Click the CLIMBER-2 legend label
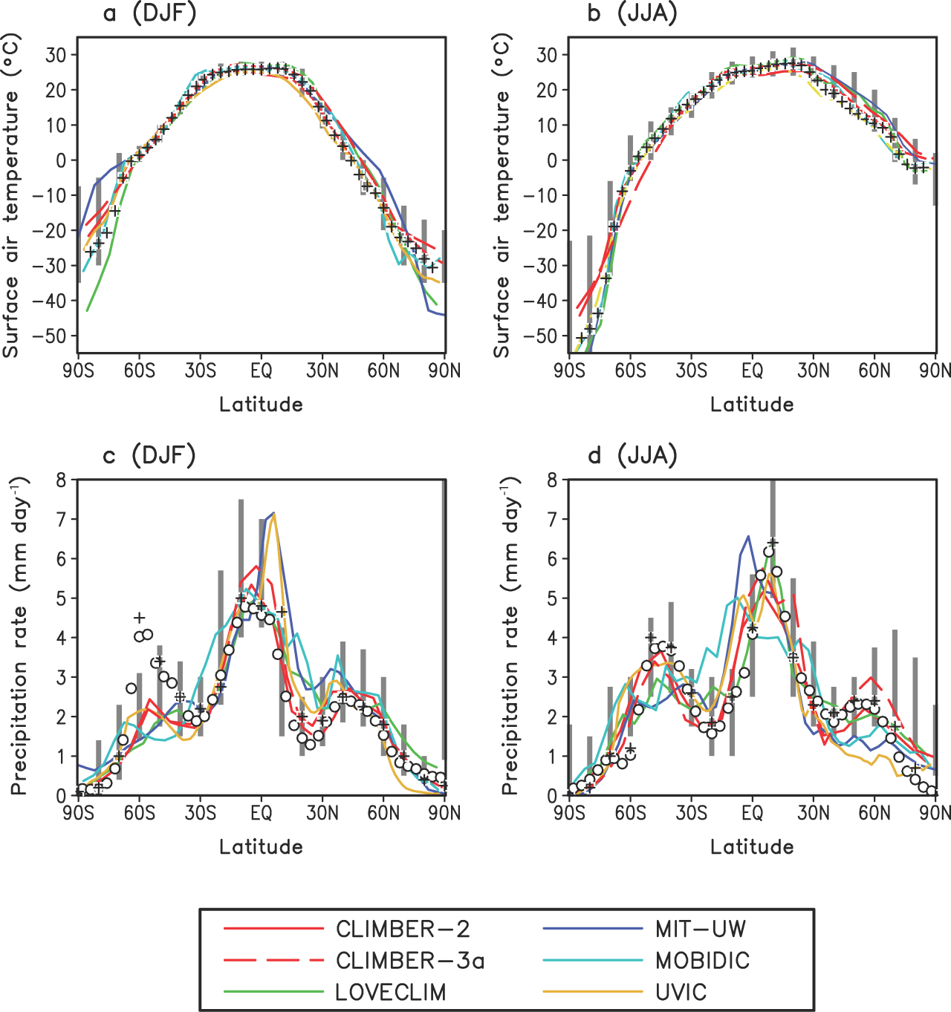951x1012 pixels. tap(402, 929)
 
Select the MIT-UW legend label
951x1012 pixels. tap(700, 929)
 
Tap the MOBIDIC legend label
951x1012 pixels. tap(702, 961)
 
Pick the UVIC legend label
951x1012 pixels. tap(681, 992)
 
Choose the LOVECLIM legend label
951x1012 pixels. tap(390, 992)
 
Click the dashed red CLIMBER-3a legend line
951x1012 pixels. tap(273, 961)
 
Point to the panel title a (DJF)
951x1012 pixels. tap(149, 13)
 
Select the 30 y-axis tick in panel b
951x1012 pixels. tap(547, 54)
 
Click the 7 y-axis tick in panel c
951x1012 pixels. tap(61, 519)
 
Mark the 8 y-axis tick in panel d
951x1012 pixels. tap(552, 480)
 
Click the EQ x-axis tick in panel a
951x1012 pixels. tap(262, 370)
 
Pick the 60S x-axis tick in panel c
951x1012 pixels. tap(139, 813)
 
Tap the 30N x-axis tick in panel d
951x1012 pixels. tap(814, 813)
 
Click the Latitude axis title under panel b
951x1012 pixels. tap(752, 405)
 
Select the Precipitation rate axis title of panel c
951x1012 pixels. tap(19, 637)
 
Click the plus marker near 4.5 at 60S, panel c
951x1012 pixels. tap(139, 617)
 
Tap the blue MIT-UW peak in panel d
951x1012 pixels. tap(748, 536)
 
